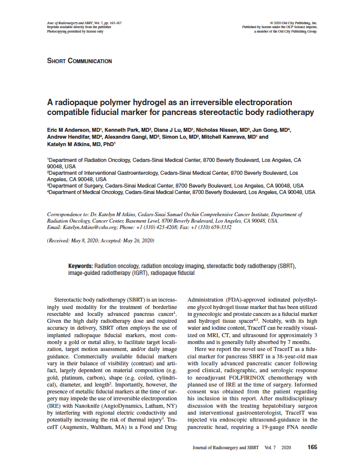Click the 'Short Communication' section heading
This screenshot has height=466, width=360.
(x=79, y=61)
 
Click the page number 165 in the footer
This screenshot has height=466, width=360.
(x=312, y=447)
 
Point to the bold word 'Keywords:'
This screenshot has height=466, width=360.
(x=80, y=266)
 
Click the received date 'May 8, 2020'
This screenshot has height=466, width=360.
(x=85, y=240)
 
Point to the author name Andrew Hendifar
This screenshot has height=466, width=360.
(x=69, y=137)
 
